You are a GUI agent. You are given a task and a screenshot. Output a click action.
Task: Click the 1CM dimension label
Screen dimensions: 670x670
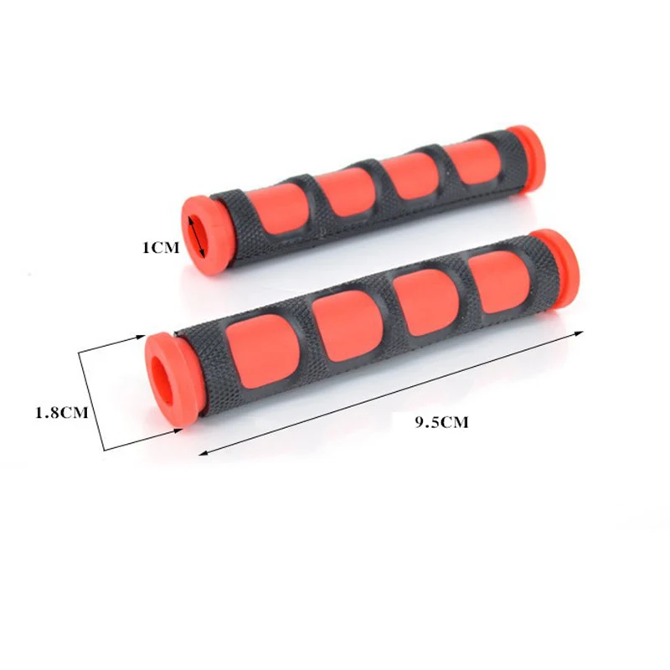pos(161,248)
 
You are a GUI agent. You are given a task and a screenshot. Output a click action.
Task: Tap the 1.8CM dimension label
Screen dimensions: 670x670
pos(61,412)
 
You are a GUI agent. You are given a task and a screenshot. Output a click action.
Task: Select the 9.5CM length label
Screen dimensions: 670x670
pos(441,423)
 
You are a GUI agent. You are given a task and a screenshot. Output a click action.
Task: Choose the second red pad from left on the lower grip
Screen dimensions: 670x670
pos(347,326)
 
